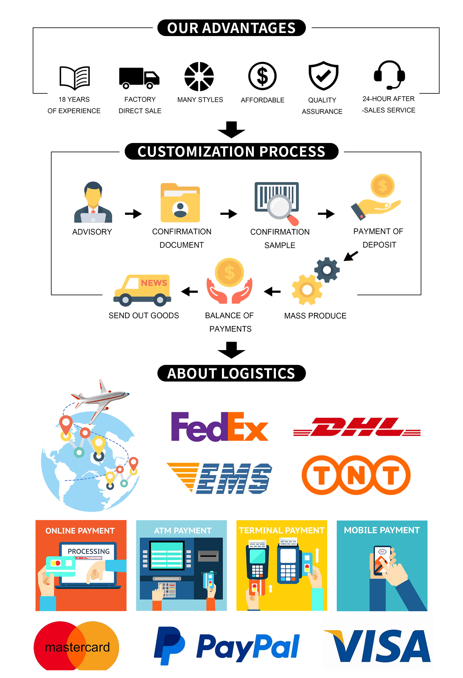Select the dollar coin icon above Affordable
[262, 76]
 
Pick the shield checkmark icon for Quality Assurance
[323, 76]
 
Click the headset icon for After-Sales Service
[390, 75]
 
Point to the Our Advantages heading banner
[231, 28]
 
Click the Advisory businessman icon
[93, 202]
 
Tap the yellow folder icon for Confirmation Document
[180, 203]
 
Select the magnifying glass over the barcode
[280, 207]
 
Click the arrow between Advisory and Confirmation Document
[133, 214]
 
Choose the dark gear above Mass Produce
[327, 270]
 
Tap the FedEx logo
[219, 427]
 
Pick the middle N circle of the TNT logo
[356, 475]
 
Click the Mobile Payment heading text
[382, 530]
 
